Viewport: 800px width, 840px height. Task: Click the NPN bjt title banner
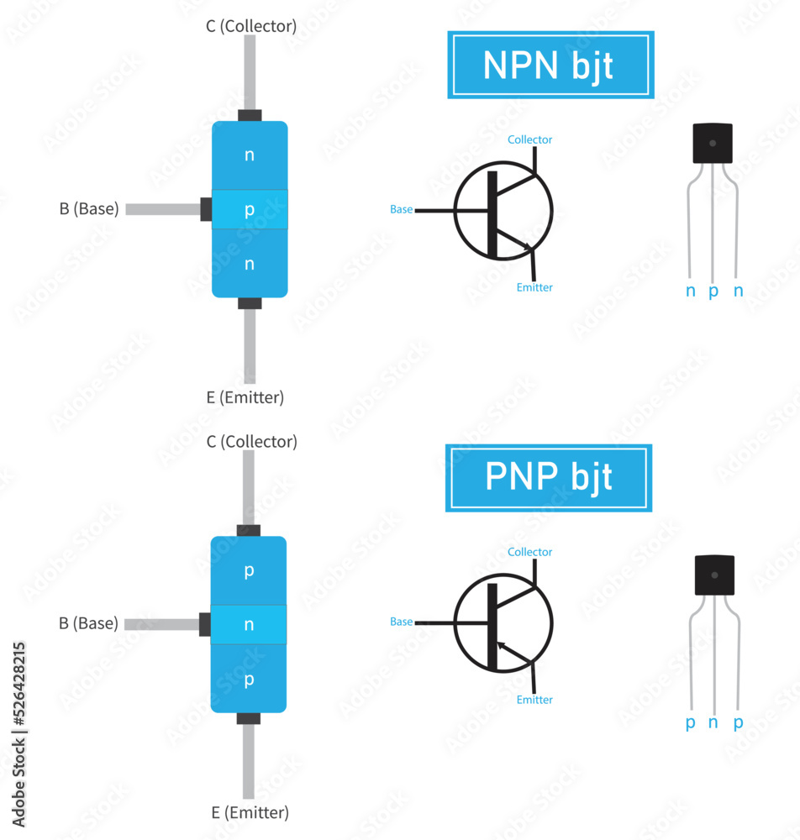click(x=550, y=65)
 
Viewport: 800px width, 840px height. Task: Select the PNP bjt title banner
click(x=548, y=478)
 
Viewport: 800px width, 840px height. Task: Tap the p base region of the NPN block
click(x=250, y=210)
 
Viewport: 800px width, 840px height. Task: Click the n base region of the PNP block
click(x=249, y=624)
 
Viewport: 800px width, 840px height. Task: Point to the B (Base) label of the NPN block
click(x=89, y=209)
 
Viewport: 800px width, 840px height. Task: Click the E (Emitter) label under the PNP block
click(x=250, y=812)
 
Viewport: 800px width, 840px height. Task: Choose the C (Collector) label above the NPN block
click(x=251, y=26)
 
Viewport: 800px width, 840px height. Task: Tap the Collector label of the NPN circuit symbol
click(x=530, y=139)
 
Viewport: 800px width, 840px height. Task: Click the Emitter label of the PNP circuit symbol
click(x=534, y=700)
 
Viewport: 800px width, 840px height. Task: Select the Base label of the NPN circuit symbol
click(x=402, y=209)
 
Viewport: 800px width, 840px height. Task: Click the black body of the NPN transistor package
click(x=713, y=144)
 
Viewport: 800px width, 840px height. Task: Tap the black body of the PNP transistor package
click(x=714, y=575)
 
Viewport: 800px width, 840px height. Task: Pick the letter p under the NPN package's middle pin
click(x=713, y=291)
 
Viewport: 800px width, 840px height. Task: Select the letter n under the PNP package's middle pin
click(x=713, y=722)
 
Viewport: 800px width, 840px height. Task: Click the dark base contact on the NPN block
click(x=206, y=209)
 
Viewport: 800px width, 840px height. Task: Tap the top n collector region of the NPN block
click(x=250, y=155)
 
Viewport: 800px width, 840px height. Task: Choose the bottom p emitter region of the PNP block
click(x=249, y=680)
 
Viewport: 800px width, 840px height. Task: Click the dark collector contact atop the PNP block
click(x=249, y=530)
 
